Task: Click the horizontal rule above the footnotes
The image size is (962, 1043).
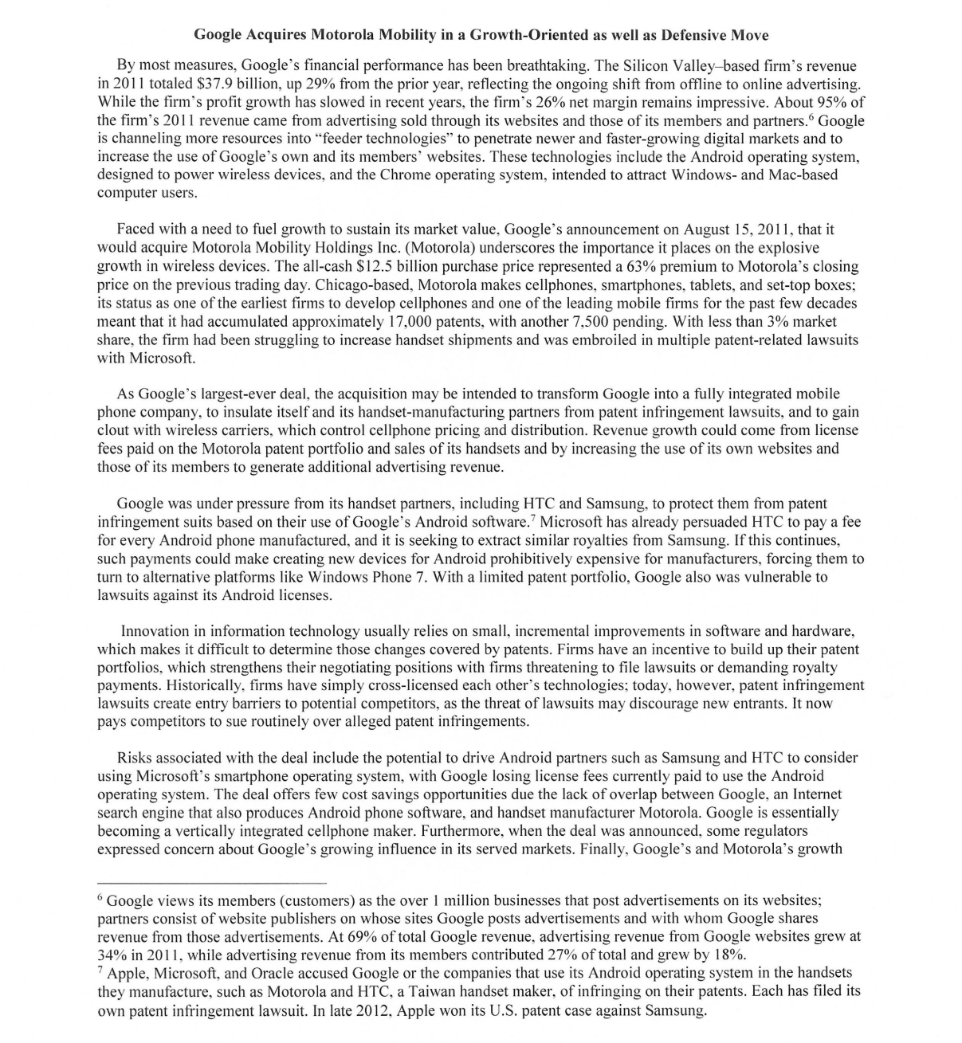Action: (211, 883)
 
